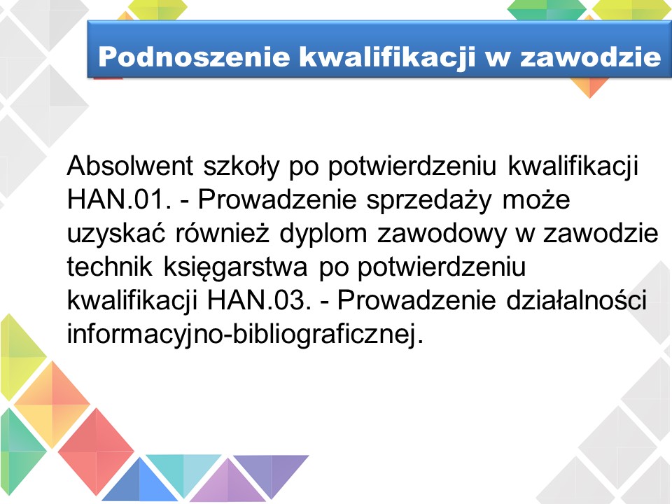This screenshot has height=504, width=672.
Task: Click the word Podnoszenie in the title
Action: [x=194, y=57]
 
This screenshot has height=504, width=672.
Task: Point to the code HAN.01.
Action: [x=119, y=199]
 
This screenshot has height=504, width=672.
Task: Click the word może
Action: [x=536, y=199]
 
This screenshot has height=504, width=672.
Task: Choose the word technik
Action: [x=110, y=267]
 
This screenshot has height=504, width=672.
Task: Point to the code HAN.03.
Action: [x=259, y=300]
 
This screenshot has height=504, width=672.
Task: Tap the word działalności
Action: [x=576, y=300]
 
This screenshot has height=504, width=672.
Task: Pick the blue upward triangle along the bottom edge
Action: [x=140, y=480]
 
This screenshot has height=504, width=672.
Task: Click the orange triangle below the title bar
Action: [x=589, y=86]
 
